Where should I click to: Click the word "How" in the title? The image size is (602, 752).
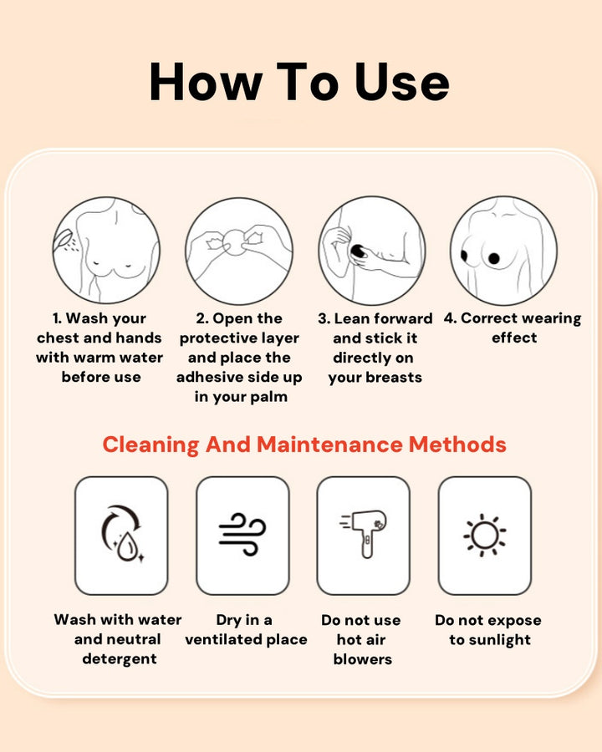click(206, 82)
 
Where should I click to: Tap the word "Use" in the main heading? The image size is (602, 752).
click(402, 82)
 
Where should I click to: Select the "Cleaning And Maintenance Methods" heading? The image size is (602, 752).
click(304, 445)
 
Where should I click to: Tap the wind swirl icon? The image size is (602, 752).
click(242, 535)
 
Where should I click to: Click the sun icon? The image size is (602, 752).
click(484, 536)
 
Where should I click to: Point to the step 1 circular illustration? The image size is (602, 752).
click(106, 250)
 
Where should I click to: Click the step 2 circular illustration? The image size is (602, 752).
click(239, 251)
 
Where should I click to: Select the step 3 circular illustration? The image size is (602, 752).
click(372, 250)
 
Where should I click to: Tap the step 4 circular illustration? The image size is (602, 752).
click(503, 250)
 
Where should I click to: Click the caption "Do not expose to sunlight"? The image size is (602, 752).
click(488, 630)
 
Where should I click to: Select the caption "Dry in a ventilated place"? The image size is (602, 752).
click(246, 630)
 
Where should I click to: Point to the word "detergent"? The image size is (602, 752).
click(120, 659)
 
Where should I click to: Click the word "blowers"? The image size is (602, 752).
click(362, 659)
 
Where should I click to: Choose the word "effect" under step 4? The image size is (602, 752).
click(514, 338)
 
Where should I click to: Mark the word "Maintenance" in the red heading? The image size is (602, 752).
click(329, 445)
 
